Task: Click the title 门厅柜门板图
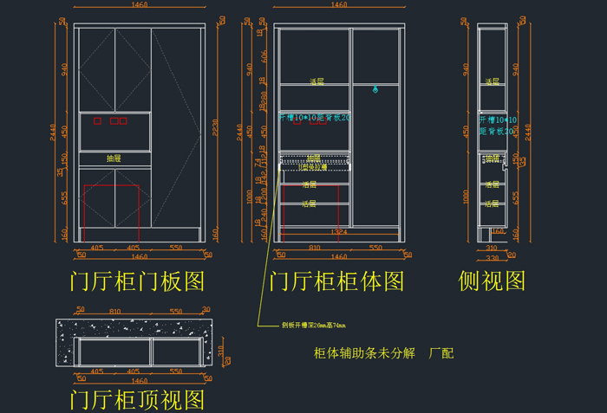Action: point(138,281)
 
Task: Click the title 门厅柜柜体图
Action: point(336,281)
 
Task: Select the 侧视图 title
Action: point(492,281)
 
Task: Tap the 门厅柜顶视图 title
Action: point(138,400)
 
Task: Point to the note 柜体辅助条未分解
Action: point(364,353)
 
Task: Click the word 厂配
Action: point(441,353)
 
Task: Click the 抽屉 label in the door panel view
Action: point(114,158)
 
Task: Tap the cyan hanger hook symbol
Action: point(375,88)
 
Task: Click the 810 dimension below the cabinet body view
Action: point(313,248)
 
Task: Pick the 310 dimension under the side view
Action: point(491,248)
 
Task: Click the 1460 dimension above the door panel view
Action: point(138,5)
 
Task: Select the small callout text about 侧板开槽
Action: point(313,326)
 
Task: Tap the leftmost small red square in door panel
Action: point(97,120)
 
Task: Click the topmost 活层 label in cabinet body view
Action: point(317,81)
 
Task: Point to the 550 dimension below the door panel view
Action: point(176,248)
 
